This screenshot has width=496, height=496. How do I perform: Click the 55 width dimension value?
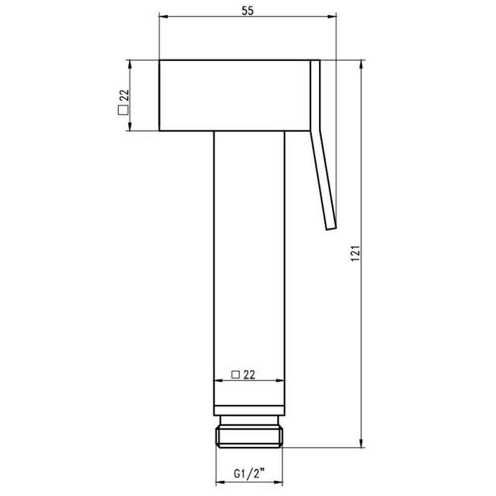247,10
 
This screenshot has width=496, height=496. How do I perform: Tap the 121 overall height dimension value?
355,253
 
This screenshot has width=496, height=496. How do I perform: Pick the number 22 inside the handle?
249,374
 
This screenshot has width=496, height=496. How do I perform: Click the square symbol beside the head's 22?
123,110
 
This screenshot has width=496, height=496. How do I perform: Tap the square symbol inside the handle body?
236,375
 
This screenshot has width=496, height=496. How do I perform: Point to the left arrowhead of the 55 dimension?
163,16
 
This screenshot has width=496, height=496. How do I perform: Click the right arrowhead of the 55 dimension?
332,16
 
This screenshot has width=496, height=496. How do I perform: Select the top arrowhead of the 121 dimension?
362,64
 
